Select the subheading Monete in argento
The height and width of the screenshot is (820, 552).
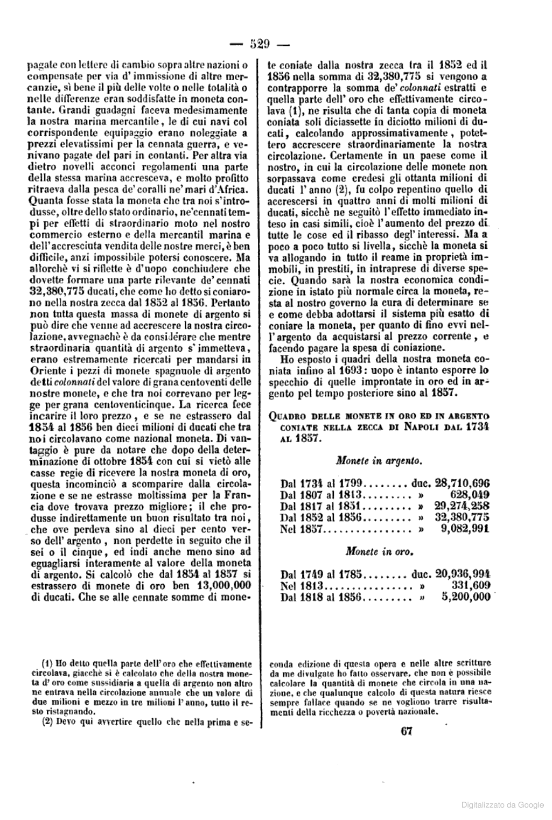coord(379,461)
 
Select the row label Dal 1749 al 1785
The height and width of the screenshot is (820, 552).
coord(323,574)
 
